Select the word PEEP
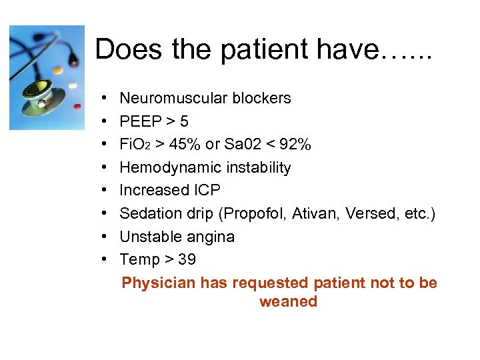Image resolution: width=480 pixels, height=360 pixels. (141, 121)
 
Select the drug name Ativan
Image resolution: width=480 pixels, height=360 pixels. (314, 214)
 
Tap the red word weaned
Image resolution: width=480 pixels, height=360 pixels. (288, 302)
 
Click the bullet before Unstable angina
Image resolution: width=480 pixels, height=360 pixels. (107, 237)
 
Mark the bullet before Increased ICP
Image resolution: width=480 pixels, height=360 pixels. (107, 191)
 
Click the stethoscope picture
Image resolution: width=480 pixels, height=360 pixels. (47, 77)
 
